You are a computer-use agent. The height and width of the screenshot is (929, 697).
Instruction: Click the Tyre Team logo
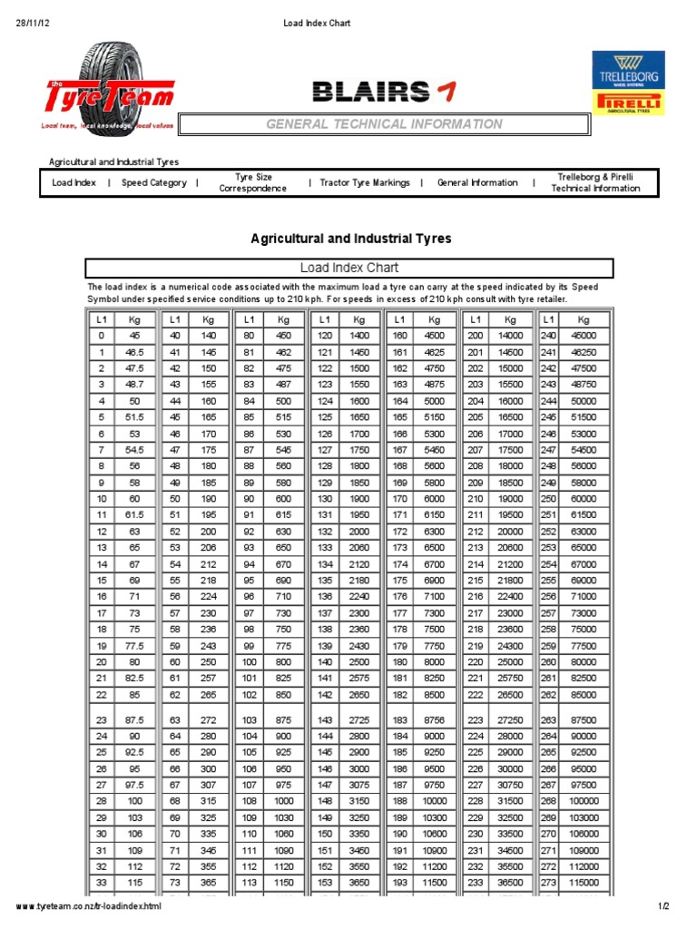coord(109,91)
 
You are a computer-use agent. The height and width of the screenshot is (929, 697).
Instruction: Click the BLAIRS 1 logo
coord(384,91)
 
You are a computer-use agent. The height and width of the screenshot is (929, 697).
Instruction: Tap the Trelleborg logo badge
coord(627,70)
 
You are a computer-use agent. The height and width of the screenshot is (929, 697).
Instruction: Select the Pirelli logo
coord(627,103)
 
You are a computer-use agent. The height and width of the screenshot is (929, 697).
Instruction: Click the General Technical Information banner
coord(384,124)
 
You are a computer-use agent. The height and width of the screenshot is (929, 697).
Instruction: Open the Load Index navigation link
coord(74,183)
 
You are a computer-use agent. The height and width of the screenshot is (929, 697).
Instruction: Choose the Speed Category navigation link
coord(154,183)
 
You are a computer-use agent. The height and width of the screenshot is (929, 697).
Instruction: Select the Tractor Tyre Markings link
coord(365,183)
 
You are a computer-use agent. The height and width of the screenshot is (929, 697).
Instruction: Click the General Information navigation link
coord(477,183)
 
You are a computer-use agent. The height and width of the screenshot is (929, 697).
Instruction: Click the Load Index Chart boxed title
coord(349,268)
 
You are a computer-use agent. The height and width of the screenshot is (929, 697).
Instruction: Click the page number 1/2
coord(663,907)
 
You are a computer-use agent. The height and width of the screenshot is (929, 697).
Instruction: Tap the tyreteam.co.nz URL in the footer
coord(89,907)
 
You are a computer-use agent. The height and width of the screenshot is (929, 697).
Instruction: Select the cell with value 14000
coord(511,336)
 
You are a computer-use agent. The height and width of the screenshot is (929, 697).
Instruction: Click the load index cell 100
coord(249,662)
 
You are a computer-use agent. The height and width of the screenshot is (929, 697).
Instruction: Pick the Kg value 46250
coord(583,352)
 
